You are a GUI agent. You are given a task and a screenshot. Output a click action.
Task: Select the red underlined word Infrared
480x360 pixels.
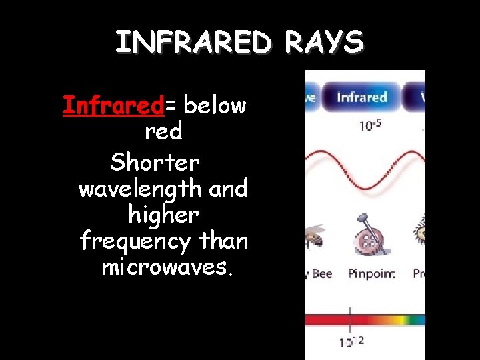tap(113, 105)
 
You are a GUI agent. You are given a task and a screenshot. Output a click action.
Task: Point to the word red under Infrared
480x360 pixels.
tap(163, 132)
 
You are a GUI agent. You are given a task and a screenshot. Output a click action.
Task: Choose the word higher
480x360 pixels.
tap(163, 215)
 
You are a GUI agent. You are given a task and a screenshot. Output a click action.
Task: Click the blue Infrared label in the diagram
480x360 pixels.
tap(362, 97)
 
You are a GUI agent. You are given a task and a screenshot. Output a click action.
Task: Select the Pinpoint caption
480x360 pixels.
tap(371, 274)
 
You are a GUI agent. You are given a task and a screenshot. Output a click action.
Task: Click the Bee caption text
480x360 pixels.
tap(321, 274)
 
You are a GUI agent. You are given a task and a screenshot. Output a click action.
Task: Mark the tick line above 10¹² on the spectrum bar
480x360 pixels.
tap(351, 318)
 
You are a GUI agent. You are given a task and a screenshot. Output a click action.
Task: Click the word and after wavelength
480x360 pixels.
tap(228, 189)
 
